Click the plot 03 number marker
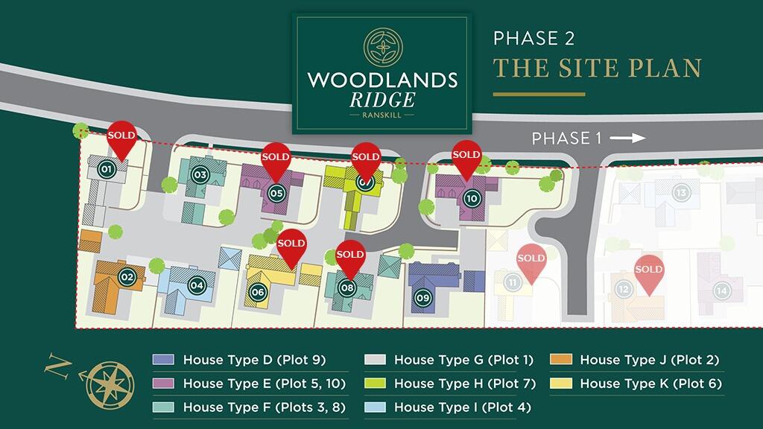pyautogui.click(x=200, y=175)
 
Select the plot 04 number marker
pyautogui.click(x=197, y=285)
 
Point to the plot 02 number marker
pyautogui.click(x=127, y=278)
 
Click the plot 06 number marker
pyautogui.click(x=258, y=292)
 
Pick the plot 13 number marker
pyautogui.click(x=680, y=193)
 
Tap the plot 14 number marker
pyautogui.click(x=721, y=290)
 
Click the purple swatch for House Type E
pyautogui.click(x=163, y=384)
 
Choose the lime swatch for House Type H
pyautogui.click(x=375, y=384)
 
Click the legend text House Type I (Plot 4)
pyautogui.click(x=464, y=407)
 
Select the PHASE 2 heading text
pyautogui.click(x=534, y=39)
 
